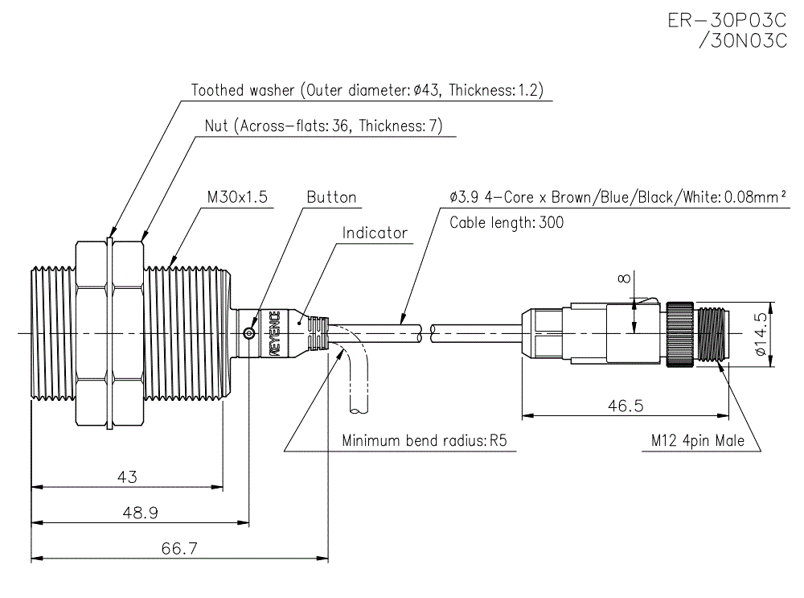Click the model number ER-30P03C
coord(727,19)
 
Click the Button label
coord(331,197)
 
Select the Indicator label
coord(375,233)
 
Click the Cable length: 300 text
coord(506,222)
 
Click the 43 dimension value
coord(127,476)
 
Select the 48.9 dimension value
coord(140,513)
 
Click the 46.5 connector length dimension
coord(624,406)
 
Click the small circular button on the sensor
coord(250,333)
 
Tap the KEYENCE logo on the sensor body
coord(274,332)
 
